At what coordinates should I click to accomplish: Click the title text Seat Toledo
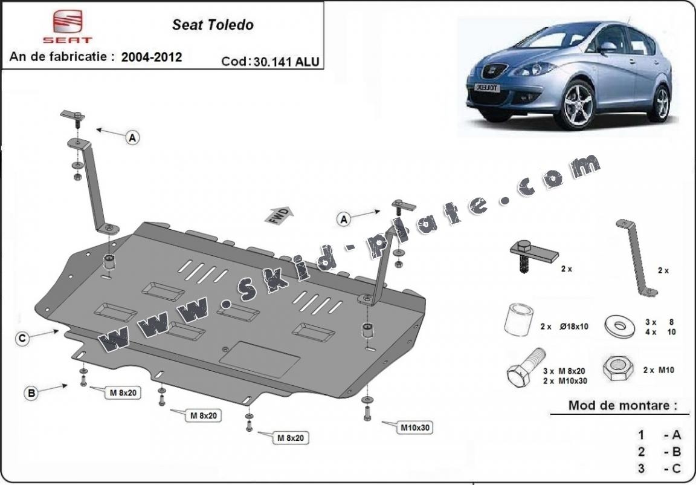213,25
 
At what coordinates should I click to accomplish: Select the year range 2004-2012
151,57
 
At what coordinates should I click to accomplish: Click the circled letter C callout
22,339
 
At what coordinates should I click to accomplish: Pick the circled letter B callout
31,394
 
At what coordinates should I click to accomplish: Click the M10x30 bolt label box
415,428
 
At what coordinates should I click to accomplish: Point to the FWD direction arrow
279,215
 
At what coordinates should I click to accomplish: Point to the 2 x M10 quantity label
658,370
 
